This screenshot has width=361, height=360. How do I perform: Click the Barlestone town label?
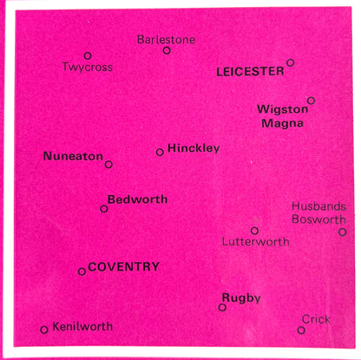click(167, 40)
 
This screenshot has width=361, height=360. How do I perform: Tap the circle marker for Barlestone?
click(167, 50)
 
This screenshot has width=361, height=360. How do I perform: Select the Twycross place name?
click(87, 67)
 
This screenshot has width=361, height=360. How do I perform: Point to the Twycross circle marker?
click(88, 56)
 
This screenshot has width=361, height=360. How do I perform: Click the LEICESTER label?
click(250, 71)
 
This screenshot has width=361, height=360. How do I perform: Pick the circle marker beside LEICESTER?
click(291, 62)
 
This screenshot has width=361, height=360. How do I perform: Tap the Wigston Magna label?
click(279, 115)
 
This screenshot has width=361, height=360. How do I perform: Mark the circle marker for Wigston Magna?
click(311, 101)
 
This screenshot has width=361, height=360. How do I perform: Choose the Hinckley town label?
click(194, 148)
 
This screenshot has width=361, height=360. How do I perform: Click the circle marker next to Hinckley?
click(160, 152)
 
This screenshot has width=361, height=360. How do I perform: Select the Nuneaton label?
click(72, 156)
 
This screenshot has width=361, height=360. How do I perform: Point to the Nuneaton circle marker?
click(108, 164)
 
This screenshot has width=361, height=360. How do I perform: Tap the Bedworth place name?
click(137, 200)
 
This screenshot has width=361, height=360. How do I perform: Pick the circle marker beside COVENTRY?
click(82, 272)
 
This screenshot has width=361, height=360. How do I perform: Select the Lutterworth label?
click(255, 242)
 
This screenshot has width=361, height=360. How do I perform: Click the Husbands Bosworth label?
click(319, 213)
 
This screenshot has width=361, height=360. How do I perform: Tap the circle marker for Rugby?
click(222, 307)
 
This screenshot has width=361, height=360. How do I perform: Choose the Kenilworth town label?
click(82, 327)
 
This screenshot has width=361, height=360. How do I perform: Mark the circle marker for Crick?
click(301, 330)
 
